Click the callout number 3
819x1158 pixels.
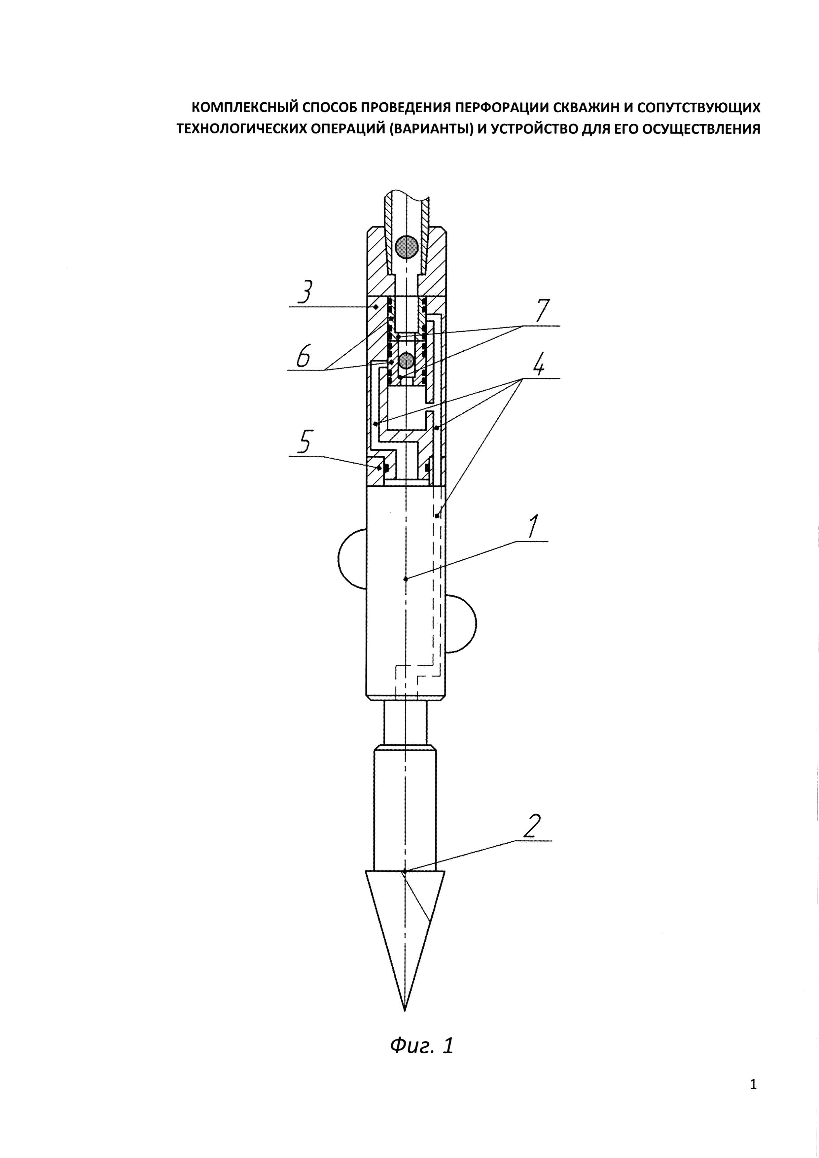(x=305, y=292)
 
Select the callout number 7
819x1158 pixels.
(x=541, y=311)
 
